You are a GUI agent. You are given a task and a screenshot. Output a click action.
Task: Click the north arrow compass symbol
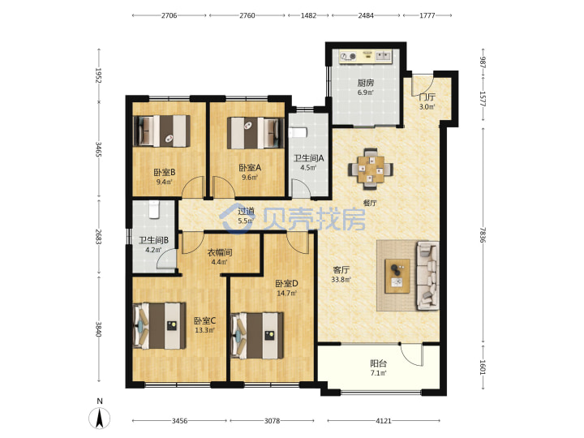pyautogui.click(x=100, y=418)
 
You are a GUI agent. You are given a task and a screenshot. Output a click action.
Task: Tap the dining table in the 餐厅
pyautogui.click(x=371, y=170)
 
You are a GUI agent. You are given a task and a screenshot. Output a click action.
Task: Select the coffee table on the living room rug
pyautogui.click(x=397, y=276)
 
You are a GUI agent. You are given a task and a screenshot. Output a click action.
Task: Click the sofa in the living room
pyautogui.click(x=427, y=276)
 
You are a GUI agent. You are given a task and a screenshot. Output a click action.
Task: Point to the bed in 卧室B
pyautogui.click(x=162, y=131)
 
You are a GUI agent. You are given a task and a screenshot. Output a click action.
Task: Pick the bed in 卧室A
pyautogui.click(x=255, y=133)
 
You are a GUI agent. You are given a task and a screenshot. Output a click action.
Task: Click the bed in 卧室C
pyautogui.click(x=160, y=325)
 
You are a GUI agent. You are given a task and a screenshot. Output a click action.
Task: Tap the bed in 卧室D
pyautogui.click(x=257, y=336)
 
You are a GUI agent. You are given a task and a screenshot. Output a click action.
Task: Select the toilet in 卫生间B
pyautogui.click(x=154, y=210)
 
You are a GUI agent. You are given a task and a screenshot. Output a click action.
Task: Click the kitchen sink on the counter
pyautogui.click(x=383, y=56)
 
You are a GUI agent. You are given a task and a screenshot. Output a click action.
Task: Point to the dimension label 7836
pyautogui.click(x=483, y=234)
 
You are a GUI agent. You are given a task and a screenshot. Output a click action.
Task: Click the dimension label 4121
pyautogui.click(x=384, y=421)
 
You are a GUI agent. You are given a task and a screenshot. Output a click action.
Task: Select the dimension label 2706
pyautogui.click(x=169, y=15)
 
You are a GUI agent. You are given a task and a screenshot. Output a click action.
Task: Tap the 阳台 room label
pyautogui.click(x=379, y=363)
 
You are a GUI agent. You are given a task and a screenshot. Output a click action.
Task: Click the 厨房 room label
pyautogui.click(x=365, y=83)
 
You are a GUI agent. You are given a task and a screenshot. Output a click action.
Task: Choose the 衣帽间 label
pyautogui.click(x=220, y=252)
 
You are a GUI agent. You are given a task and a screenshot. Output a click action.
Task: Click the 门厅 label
pyautogui.click(x=427, y=97)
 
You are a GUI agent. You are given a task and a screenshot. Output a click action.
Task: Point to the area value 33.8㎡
pyautogui.click(x=341, y=279)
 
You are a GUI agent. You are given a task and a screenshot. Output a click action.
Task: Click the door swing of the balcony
pyautogui.click(x=411, y=354)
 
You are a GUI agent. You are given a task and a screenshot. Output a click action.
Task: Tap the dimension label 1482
pyautogui.click(x=308, y=15)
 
